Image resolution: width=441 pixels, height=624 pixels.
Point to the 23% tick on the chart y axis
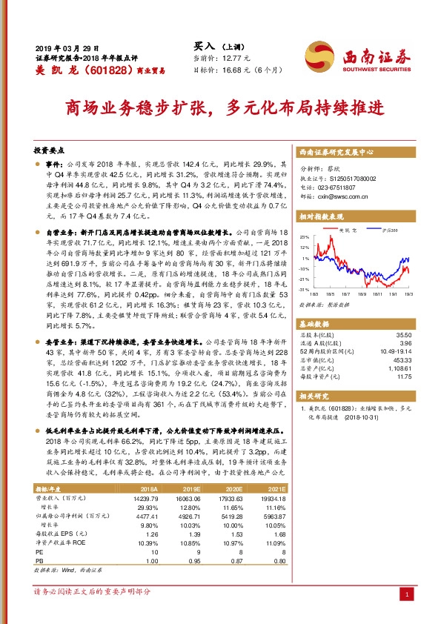coord(303,237)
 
